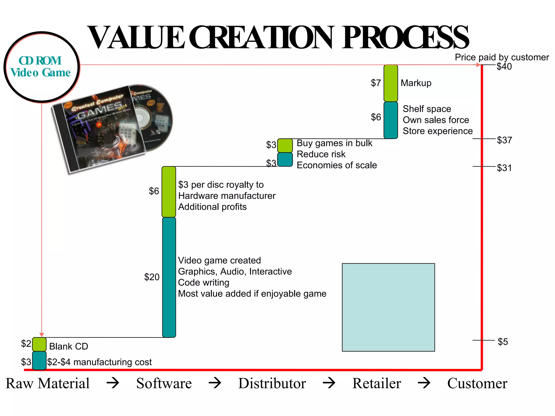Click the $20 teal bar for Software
coord(169,277)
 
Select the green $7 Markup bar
coord(391,83)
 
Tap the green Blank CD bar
coord(39,344)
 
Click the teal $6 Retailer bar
coord(391,120)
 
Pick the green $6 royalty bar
coord(169,192)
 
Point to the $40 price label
coord(504,67)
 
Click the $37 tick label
coord(504,140)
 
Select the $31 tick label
coord(504,168)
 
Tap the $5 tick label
coord(503,342)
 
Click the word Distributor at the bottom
coord(272,383)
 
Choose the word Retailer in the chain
coord(376,383)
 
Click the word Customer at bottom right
coord(477,383)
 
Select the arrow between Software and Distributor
coord(215,383)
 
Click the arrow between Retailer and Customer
coord(424,383)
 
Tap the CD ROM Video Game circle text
coord(41,67)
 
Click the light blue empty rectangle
coord(388,307)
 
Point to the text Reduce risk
coord(321,154)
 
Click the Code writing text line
coord(204,282)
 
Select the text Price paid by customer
coord(502,57)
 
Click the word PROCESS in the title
coord(405,38)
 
